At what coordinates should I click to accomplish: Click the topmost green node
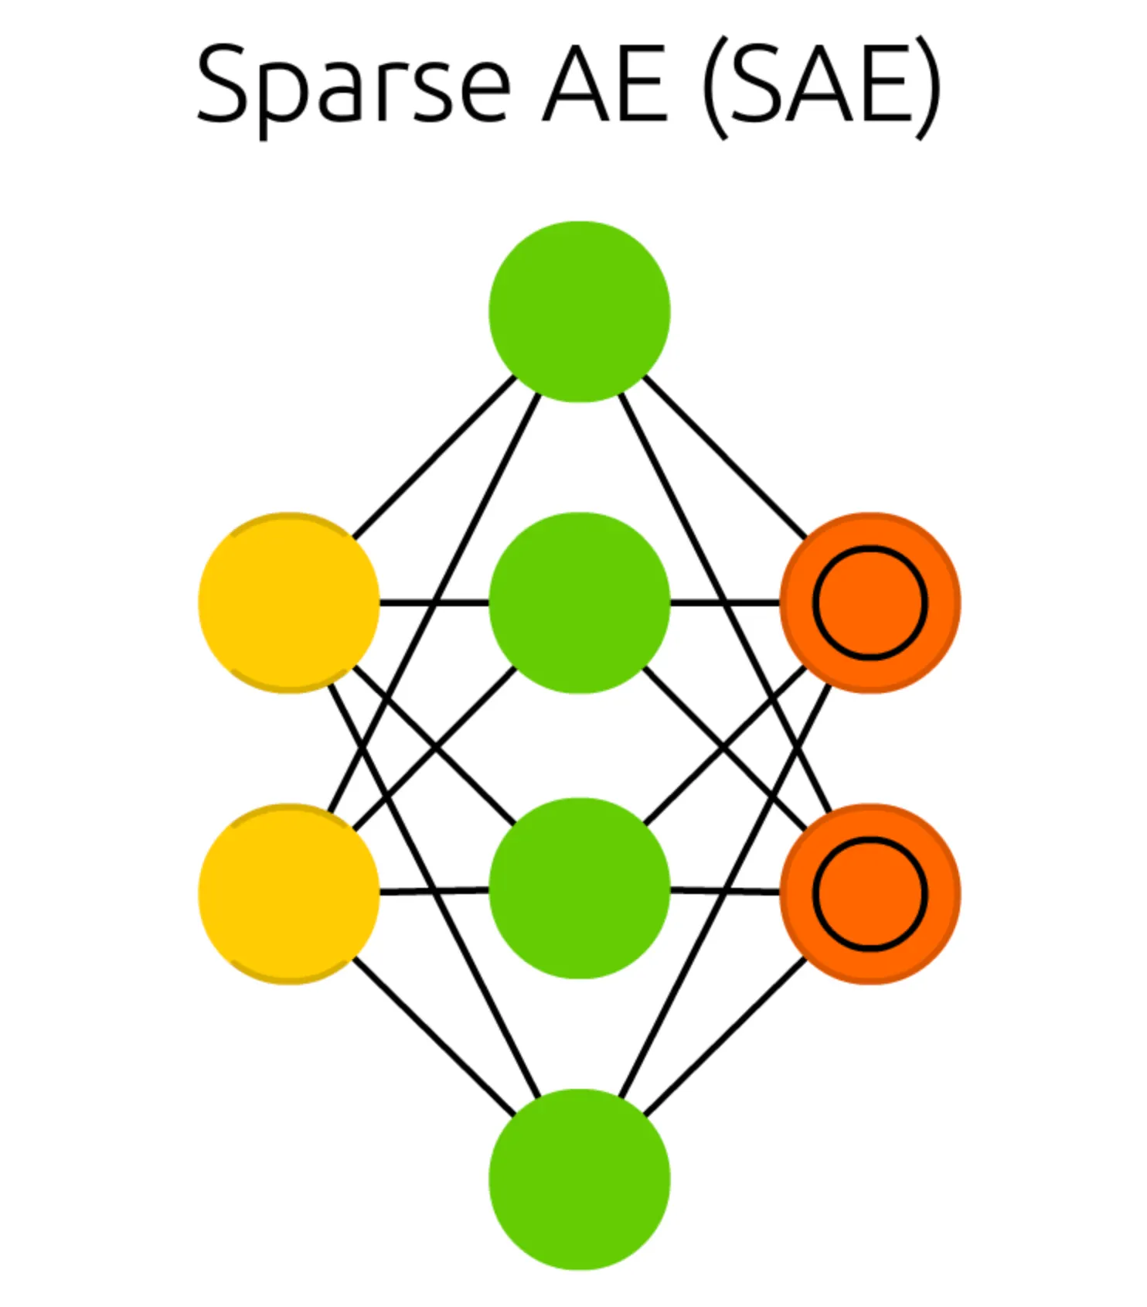579,311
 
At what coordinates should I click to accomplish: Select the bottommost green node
579,1179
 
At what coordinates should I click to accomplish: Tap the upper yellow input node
288,602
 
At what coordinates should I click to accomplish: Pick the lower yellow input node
288,893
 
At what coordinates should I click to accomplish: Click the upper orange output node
870,602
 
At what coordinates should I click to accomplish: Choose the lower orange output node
870,893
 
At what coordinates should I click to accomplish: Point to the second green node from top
579,602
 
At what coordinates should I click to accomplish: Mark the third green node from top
579,888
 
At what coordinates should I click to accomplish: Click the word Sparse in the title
352,85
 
